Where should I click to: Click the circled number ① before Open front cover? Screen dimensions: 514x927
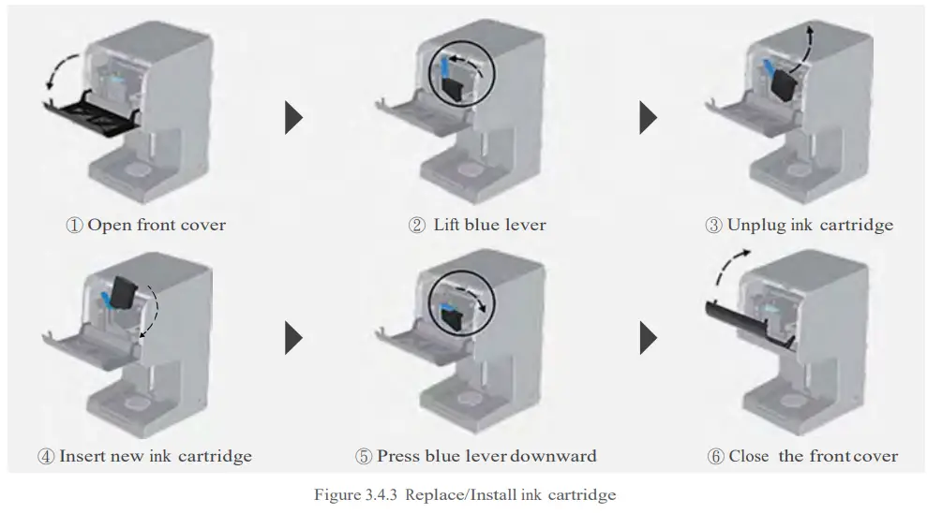[74, 226]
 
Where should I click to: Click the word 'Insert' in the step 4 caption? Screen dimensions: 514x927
[82, 457]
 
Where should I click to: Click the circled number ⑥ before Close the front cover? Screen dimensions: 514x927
[716, 457]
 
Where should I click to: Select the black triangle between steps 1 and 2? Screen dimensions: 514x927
[294, 118]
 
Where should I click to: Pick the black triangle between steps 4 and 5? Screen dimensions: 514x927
[294, 338]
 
